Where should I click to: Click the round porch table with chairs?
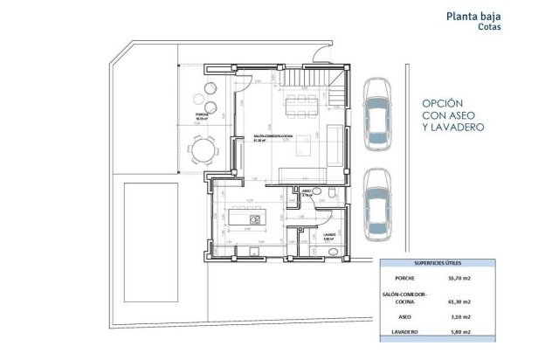202,153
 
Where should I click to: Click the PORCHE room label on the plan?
202,114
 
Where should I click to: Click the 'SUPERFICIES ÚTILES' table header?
438,263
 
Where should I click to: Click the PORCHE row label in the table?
404,280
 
